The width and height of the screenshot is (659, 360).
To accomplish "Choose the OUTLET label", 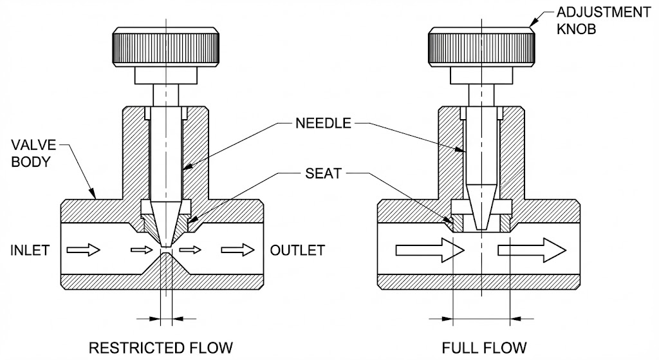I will [x=297, y=250].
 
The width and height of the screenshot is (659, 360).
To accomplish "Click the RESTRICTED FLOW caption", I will [x=160, y=348].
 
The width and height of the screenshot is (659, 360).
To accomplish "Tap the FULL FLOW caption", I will [x=484, y=348].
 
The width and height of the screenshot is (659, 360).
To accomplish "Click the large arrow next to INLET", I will [x=84, y=250].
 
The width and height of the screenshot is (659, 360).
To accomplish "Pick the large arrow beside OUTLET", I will [x=237, y=250].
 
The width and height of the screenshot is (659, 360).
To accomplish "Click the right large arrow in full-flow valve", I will [x=531, y=250].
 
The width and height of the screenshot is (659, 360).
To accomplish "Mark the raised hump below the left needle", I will [x=166, y=263].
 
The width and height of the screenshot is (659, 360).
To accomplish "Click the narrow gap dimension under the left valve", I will [x=166, y=317].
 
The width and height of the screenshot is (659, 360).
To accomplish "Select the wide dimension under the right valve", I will [x=481, y=317].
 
